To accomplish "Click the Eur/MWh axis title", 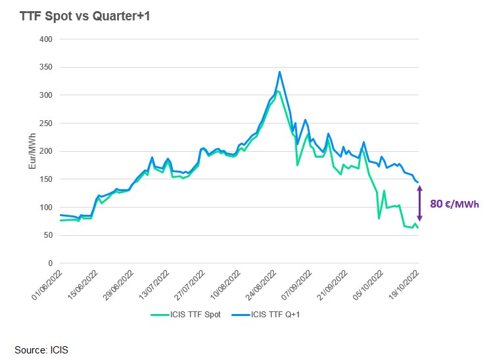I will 32,152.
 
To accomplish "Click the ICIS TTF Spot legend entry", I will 191,314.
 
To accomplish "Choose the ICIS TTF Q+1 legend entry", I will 275,314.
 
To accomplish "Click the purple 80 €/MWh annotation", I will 454,204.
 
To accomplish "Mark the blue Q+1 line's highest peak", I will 280,72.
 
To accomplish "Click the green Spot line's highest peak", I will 277,91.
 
